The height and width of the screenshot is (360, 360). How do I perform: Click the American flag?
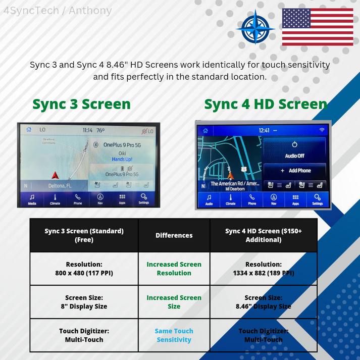[317, 27]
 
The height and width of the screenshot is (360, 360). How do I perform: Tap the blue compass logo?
[255, 27]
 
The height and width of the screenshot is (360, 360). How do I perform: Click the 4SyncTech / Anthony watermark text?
[58, 10]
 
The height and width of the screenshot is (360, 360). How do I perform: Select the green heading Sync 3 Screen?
[81, 104]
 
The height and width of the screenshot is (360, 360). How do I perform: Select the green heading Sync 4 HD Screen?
[266, 104]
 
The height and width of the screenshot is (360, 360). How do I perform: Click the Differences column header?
[174, 235]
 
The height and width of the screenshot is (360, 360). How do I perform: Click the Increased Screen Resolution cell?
[174, 269]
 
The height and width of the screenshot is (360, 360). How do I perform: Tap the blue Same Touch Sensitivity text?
[174, 335]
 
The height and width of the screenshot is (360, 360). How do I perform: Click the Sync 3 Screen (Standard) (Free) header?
[84, 235]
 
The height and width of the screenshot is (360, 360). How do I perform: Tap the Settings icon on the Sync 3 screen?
[144, 199]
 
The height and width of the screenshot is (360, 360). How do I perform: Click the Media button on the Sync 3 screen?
[32, 199]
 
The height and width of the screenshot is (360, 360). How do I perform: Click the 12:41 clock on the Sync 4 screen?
[264, 130]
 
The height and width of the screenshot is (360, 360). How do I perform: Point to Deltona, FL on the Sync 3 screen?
[60, 186]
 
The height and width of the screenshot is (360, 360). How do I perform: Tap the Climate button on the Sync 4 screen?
[231, 199]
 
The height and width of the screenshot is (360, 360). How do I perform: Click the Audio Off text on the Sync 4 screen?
[294, 156]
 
